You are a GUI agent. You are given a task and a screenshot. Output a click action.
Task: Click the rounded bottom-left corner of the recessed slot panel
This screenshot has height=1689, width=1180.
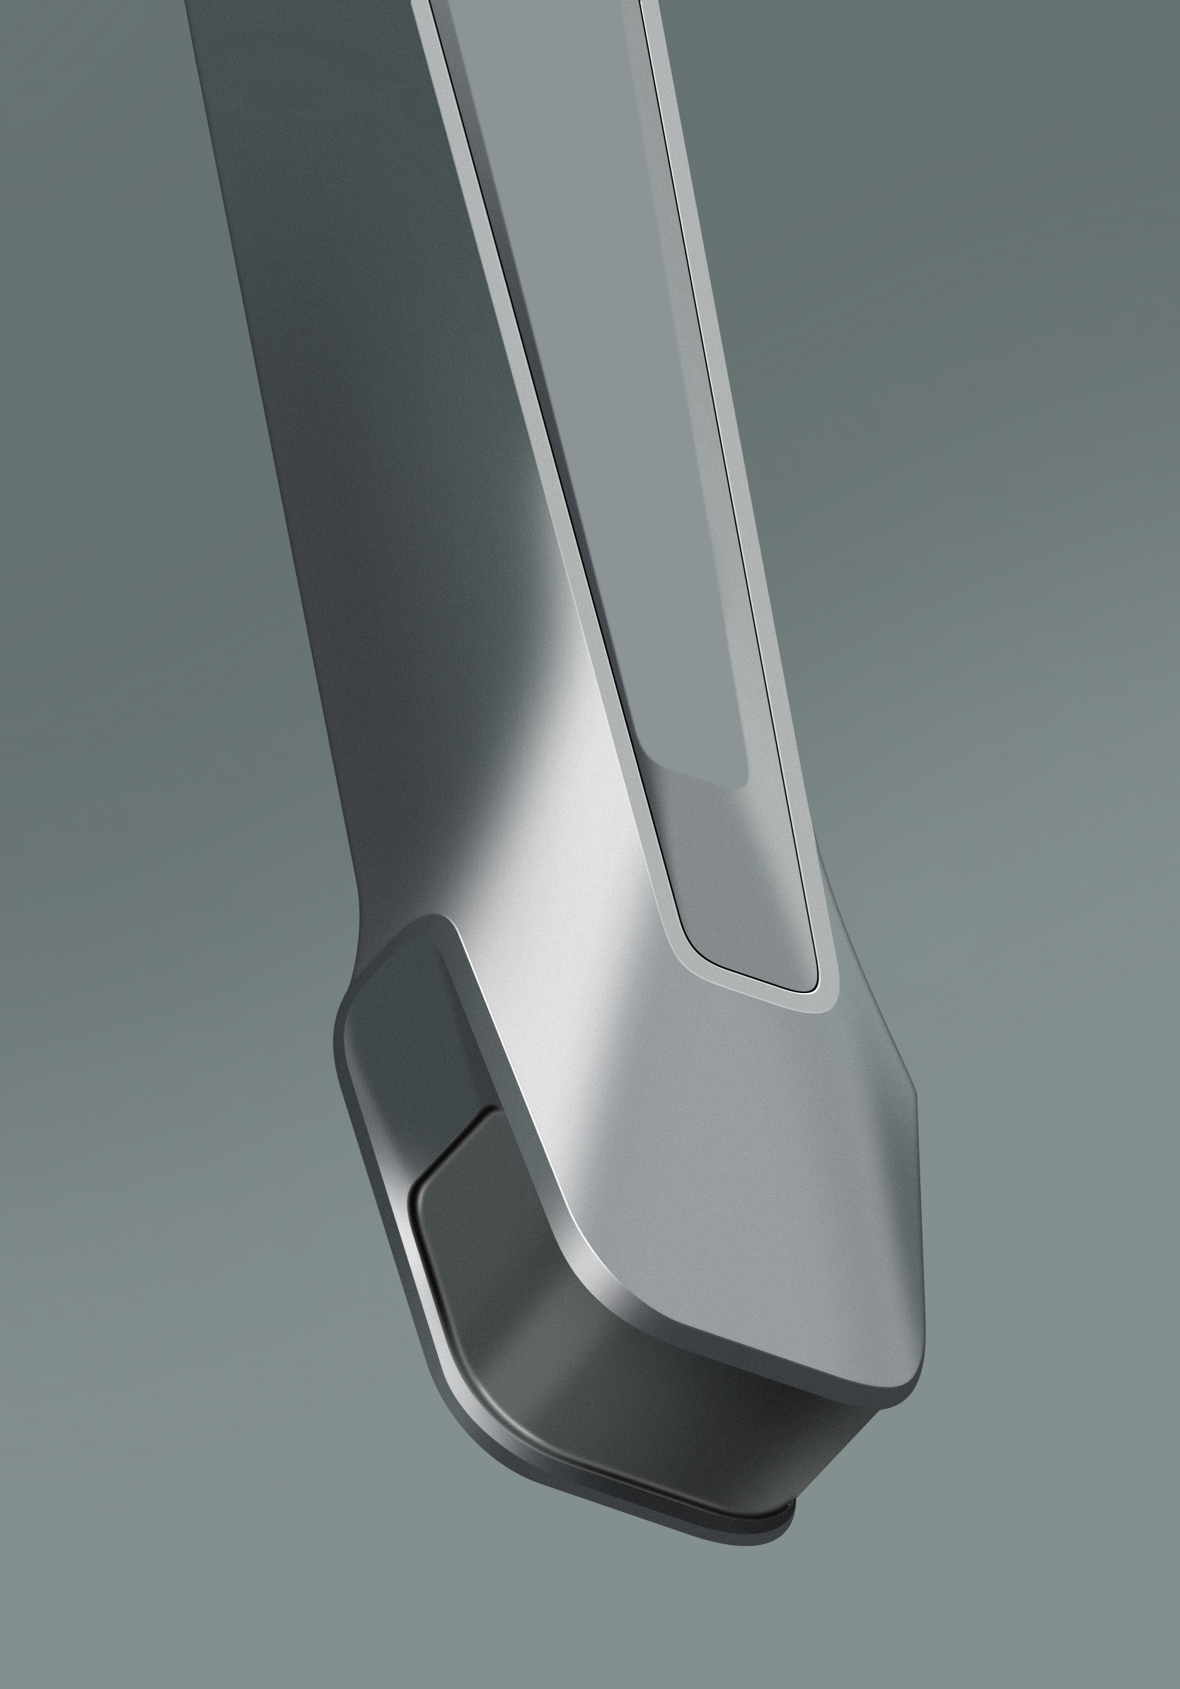coord(695,949)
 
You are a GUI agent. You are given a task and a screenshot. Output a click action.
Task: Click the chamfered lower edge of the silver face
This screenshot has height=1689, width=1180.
coord(736,1350)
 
